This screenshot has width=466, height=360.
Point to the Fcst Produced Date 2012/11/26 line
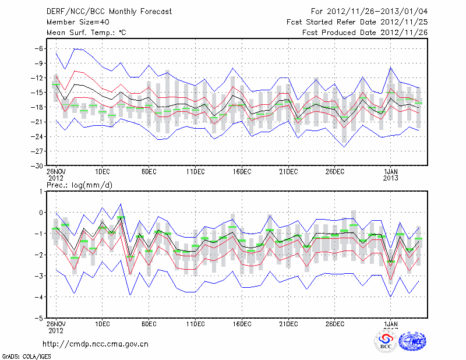365,33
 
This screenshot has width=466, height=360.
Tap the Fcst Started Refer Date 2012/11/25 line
357,22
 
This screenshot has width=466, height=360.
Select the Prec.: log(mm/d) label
79,185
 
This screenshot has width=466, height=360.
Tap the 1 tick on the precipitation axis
40,191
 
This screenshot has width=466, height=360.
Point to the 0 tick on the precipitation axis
40,213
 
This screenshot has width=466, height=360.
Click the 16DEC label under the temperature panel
242,171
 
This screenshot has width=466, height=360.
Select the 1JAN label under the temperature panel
390,171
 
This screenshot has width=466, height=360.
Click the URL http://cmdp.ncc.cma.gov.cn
96,344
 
